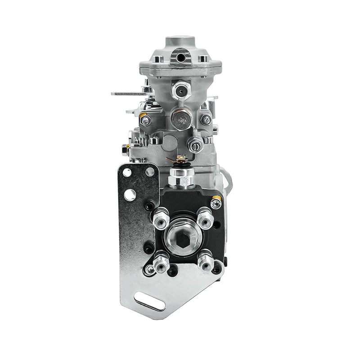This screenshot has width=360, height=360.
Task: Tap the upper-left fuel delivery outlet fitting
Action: point(161,219)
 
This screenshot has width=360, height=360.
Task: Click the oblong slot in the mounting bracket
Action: point(149,301)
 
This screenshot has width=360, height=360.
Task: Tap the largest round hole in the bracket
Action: point(130,195)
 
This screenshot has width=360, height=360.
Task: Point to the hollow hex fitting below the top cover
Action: point(181,90)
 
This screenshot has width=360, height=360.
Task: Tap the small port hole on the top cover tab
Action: point(181,58)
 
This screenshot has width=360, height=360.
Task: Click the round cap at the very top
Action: point(181,41)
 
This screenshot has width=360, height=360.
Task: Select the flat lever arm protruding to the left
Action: point(128,94)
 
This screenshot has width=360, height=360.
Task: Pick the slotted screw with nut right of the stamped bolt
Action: point(195,145)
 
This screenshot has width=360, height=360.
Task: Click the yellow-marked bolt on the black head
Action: point(216,203)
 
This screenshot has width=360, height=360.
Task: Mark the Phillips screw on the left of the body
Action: point(145,120)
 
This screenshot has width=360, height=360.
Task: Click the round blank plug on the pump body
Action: point(170,143)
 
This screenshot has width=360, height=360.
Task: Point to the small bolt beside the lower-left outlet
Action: point(149,270)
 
